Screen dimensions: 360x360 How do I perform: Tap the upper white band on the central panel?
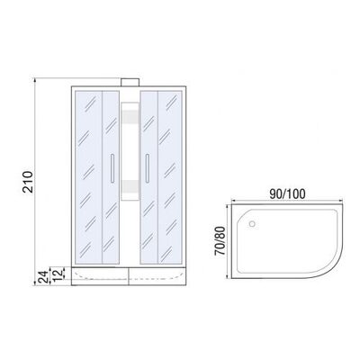(129, 115)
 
